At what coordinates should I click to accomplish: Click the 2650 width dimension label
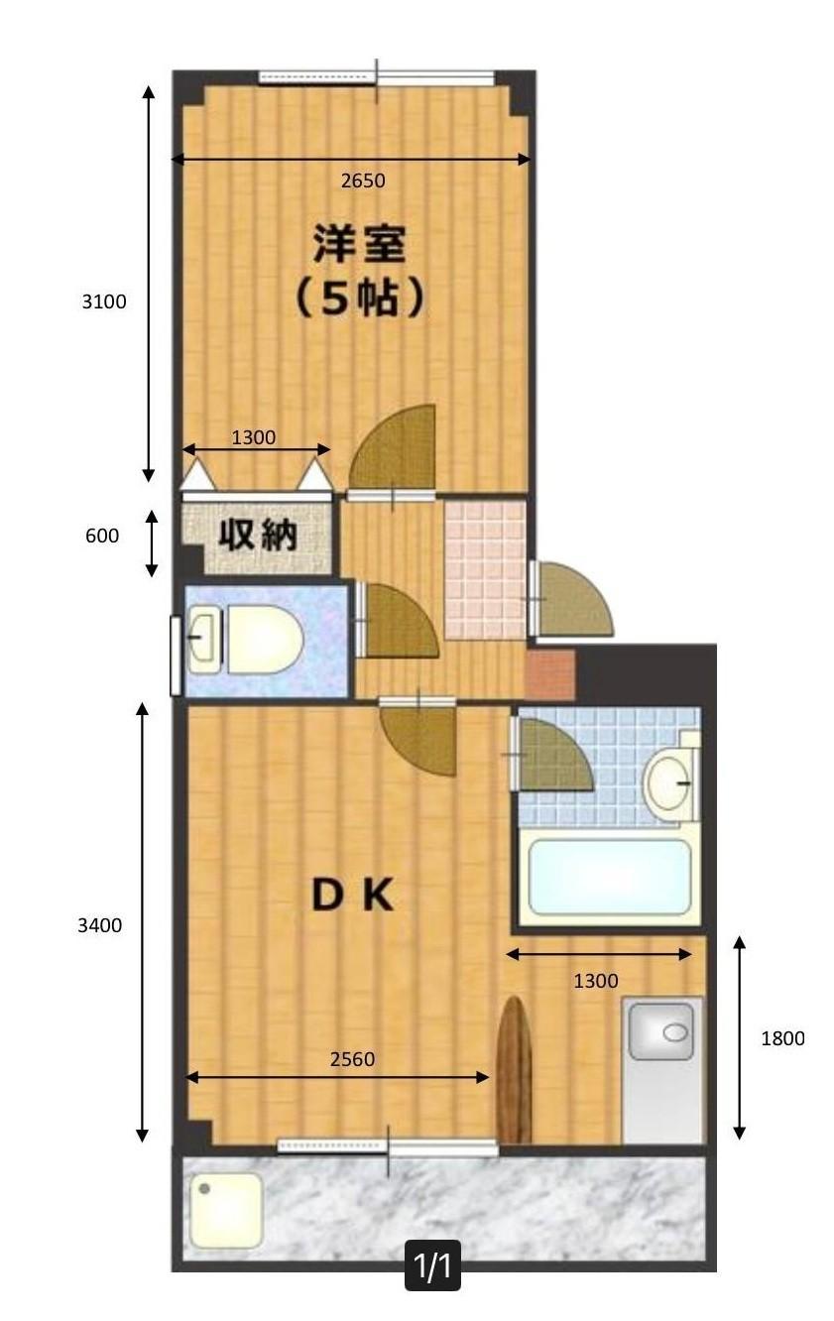pos(362,180)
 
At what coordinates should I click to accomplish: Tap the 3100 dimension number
pos(104,301)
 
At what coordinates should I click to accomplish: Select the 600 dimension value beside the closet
pos(101,536)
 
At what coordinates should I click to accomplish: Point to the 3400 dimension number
pos(100,925)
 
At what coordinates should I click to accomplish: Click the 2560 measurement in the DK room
pos(352,1058)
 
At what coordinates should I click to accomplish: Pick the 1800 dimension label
pos(782,1038)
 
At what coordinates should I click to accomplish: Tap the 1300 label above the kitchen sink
pos(596,981)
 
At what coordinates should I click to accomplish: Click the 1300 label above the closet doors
pos(254,437)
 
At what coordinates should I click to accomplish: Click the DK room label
pos(354,897)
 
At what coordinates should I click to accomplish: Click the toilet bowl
pos(263,641)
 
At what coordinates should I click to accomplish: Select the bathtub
pos(609,878)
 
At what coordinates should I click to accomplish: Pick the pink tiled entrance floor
pos(484,569)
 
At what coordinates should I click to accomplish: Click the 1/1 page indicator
pos(432,1266)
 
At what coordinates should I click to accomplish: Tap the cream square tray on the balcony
pos(225,1210)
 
